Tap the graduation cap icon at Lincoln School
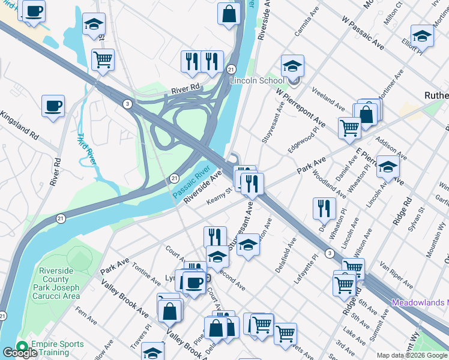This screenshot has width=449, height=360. (x=292, y=66)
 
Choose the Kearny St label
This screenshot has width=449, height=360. (x=220, y=194)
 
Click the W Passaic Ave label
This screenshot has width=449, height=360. (x=363, y=32)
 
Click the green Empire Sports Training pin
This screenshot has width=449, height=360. (x=23, y=347)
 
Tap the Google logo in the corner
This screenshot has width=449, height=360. (x=19, y=353)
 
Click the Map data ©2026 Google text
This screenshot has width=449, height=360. (x=412, y=355)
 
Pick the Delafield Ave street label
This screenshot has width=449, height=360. (x=286, y=255)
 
